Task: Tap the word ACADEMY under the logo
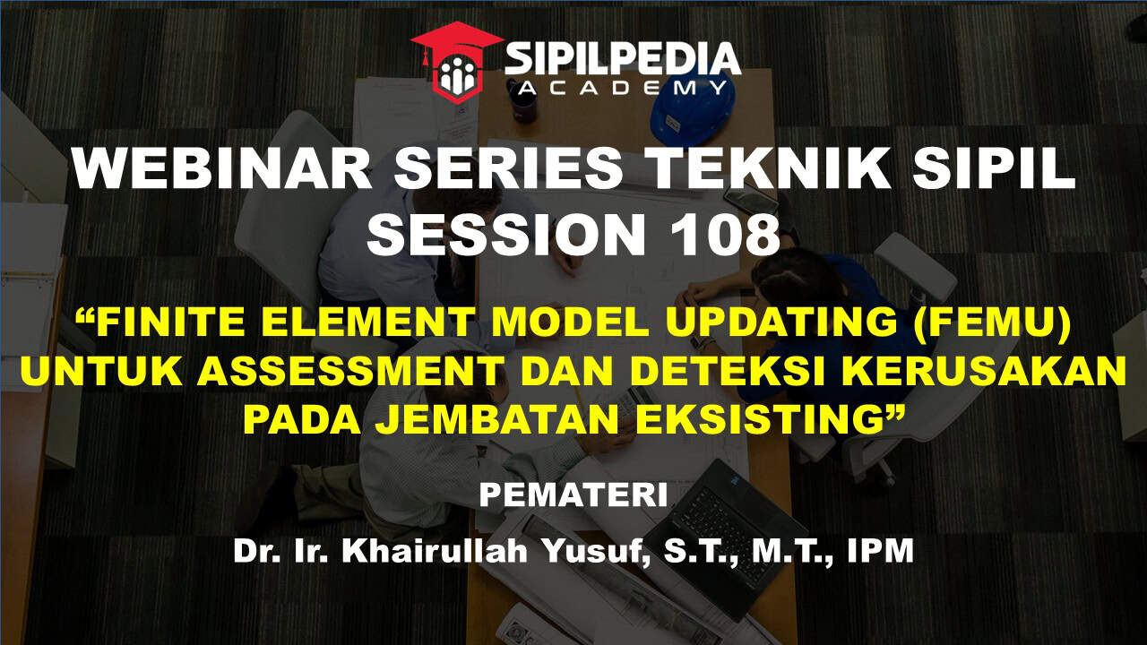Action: [623, 89]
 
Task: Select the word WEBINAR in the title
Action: [221, 169]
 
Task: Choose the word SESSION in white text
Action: [505, 235]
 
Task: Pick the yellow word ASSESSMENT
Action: [349, 370]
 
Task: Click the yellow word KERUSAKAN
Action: [983, 370]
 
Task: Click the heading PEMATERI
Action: [573, 495]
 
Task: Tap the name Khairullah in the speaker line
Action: [435, 550]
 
